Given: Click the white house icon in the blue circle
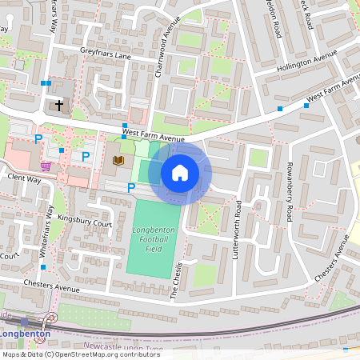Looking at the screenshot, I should [180, 172].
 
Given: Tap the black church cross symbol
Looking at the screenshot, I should [58, 105].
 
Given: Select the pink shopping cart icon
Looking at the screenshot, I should [46, 166].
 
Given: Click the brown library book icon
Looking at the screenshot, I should [118, 161].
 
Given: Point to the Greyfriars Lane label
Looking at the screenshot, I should [105, 56].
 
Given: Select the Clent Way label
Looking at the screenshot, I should [23, 178].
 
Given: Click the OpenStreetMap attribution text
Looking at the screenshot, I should [80, 354].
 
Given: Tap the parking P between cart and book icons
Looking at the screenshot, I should [86, 157].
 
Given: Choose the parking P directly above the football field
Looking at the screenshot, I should [131, 188].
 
